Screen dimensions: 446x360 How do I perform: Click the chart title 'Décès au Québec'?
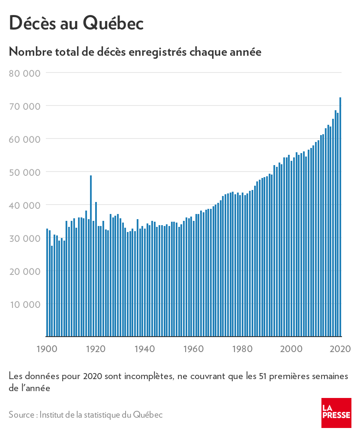click(76, 23)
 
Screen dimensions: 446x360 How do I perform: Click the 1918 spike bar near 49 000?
click(91, 257)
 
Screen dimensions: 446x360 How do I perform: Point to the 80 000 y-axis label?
click(24, 73)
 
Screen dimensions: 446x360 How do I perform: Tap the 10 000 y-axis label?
click(24, 304)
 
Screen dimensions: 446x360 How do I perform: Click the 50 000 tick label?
click(24, 172)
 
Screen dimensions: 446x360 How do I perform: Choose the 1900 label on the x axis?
click(46, 348)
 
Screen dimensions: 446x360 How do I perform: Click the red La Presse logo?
click(336, 413)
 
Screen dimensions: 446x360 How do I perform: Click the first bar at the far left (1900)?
click(47, 283)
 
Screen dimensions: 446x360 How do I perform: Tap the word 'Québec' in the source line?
click(147, 415)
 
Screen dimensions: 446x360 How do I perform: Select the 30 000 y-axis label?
click(24, 238)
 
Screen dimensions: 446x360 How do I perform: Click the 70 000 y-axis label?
click(24, 106)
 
